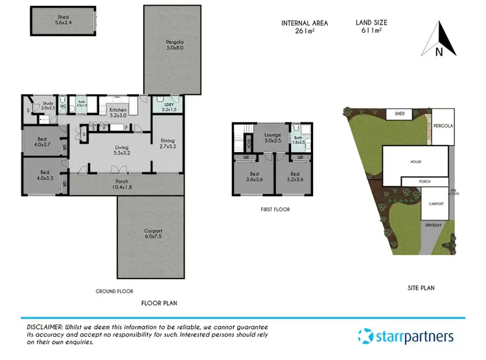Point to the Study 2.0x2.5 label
point(47,106)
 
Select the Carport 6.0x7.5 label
point(154,234)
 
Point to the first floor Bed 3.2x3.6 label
point(294,177)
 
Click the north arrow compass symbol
point(439,39)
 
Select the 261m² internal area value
point(304,32)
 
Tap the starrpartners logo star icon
point(367,337)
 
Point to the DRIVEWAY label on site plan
point(433,225)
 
